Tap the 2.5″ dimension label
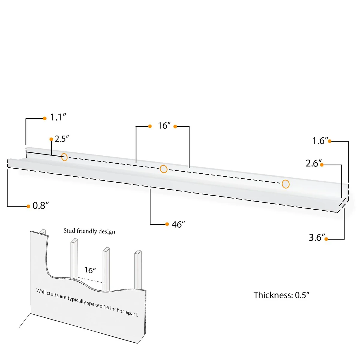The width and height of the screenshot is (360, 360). point(62,139)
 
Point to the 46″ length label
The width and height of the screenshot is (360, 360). point(178,224)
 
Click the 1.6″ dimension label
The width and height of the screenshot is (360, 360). point(319,141)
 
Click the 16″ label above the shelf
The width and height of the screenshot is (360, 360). point(164,126)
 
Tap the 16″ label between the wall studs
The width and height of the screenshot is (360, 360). point(90,270)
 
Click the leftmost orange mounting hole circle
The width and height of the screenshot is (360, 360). point(64,157)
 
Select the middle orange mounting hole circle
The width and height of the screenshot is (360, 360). point(163,169)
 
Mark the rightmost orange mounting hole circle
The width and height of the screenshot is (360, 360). point(286,184)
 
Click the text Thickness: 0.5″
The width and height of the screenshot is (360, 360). point(281,295)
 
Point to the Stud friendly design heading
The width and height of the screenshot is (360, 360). point(89,231)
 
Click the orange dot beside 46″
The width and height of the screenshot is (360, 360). point(167,224)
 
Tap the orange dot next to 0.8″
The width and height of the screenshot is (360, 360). point(28,206)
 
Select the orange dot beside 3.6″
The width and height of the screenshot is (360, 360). point(326,239)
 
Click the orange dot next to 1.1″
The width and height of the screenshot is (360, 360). point(45,118)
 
